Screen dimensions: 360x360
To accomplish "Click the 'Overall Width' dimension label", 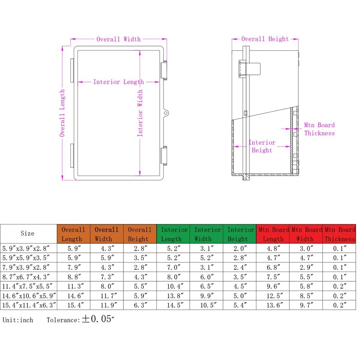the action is click(118, 39).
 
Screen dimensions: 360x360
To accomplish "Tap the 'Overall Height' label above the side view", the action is click(265, 39).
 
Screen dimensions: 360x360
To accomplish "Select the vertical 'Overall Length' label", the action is click(62, 113).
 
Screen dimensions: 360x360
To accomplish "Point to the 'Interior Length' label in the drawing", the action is click(118, 82).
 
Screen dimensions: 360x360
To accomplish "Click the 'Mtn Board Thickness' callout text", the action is click(319, 129).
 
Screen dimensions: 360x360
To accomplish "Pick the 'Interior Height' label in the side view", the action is click(262, 146).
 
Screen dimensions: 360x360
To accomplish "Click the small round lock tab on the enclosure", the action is click(166, 113).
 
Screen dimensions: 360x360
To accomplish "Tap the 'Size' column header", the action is click(27, 234).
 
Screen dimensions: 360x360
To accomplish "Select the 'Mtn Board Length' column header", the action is click(273, 234).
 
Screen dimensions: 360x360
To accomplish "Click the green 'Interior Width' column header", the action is click(207, 234).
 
